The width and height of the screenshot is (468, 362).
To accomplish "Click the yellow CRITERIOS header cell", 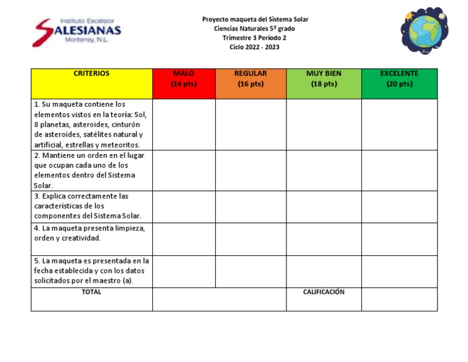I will (91, 83).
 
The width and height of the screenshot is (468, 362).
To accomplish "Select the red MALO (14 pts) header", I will (183, 83).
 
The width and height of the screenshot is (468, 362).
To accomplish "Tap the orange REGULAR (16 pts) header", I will (250, 83).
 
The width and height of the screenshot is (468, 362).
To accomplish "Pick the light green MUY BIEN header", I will (324, 83).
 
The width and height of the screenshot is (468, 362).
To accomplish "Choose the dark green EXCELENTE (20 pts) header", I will (399, 83).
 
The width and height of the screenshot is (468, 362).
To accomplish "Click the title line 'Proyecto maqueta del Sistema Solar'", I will (255, 20).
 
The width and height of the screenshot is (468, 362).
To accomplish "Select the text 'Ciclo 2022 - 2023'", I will (255, 47).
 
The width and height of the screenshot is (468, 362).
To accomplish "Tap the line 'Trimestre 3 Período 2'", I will (255, 38).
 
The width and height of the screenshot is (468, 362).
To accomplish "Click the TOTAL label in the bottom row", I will (91, 293).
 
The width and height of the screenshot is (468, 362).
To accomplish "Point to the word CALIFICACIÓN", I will (324, 293).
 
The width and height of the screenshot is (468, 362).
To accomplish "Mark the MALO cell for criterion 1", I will (183, 124).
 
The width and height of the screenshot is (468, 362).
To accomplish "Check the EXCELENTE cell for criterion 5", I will (399, 271).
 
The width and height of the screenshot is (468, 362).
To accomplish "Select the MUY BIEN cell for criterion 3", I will (324, 207).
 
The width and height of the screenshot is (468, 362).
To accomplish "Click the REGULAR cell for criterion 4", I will (250, 239).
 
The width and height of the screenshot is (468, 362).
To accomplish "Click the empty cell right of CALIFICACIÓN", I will (399, 299).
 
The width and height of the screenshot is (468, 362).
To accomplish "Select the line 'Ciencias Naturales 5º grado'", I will (255, 29).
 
